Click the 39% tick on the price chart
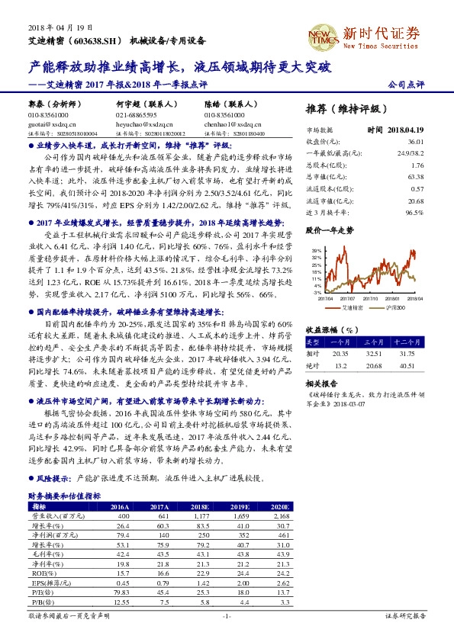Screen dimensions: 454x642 (316, 249)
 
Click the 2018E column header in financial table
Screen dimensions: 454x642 (201, 506)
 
